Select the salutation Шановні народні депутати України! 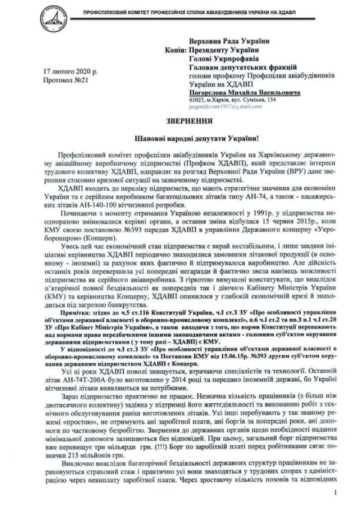pos(180,137)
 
